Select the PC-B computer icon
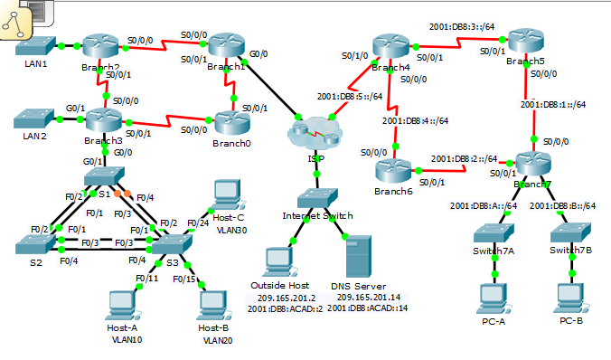click(x=571, y=296)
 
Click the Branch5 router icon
click(x=525, y=43)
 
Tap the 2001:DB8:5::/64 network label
click(x=349, y=96)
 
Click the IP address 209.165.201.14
click(x=367, y=298)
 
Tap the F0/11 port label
click(x=146, y=279)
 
